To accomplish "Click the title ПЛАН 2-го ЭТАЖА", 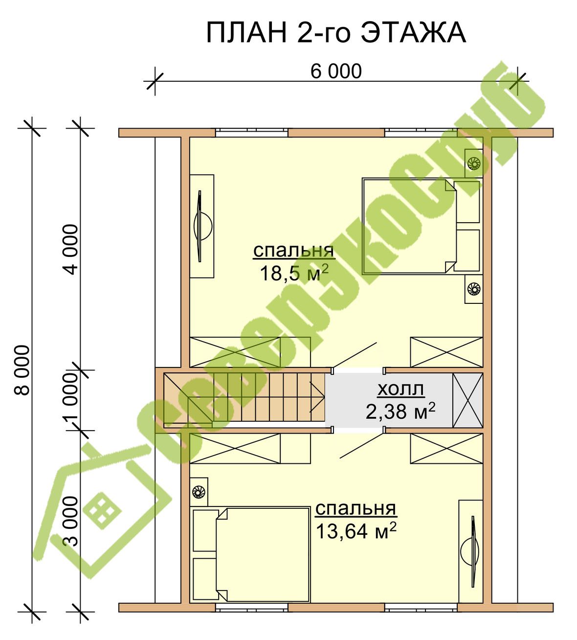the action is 336,33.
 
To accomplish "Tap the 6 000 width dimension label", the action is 336,71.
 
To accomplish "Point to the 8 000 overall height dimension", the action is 22,370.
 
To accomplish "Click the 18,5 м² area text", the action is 294,274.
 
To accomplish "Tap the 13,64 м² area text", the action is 356,531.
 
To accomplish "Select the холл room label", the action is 400,389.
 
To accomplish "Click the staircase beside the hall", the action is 244,400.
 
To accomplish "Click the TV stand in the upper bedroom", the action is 202,226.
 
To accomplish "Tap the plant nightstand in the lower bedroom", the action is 199,492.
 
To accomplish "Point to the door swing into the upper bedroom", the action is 355,355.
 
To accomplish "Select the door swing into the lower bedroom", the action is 362,446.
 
